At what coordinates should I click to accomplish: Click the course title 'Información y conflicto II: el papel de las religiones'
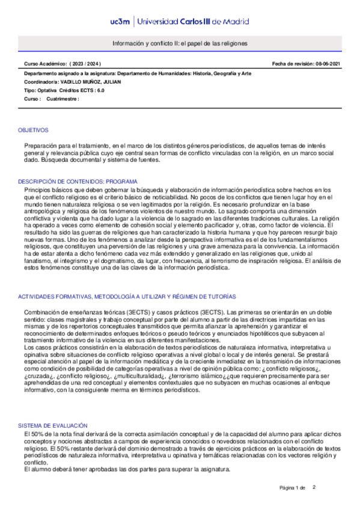180,45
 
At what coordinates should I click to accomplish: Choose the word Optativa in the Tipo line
46,90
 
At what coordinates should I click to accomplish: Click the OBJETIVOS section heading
33,130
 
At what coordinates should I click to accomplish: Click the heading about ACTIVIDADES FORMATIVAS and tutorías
127,297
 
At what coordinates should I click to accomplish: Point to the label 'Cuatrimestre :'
63,99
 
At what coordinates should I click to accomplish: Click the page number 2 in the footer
314,487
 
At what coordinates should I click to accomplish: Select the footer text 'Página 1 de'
293,488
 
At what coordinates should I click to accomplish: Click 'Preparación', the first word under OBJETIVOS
40,146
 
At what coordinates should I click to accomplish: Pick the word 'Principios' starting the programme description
37,189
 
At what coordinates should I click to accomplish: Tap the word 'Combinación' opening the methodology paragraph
42,312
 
